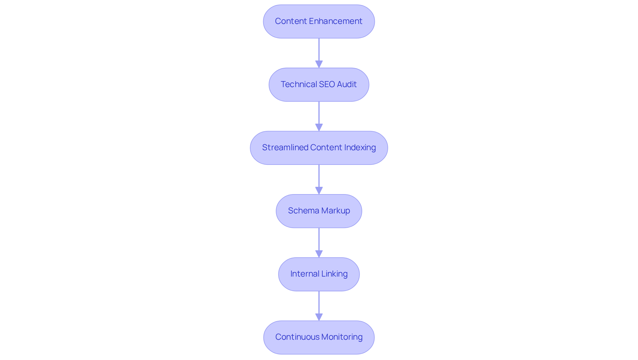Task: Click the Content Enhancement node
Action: point(319,21)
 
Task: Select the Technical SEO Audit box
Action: point(319,84)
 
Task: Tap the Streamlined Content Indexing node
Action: point(319,148)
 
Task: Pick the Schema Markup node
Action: point(319,211)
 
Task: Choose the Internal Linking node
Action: point(319,274)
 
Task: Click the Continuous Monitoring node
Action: point(319,337)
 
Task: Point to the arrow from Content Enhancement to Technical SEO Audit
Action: point(319,50)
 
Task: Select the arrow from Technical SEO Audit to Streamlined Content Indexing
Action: point(319,113)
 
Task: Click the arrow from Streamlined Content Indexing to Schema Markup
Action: point(319,176)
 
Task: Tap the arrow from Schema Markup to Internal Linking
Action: point(319,239)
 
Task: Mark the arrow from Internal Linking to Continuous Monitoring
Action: point(319,302)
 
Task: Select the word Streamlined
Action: point(285,148)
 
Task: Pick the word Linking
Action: point(334,274)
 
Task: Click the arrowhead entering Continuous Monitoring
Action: point(319,317)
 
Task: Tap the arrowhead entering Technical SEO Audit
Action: point(319,64)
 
